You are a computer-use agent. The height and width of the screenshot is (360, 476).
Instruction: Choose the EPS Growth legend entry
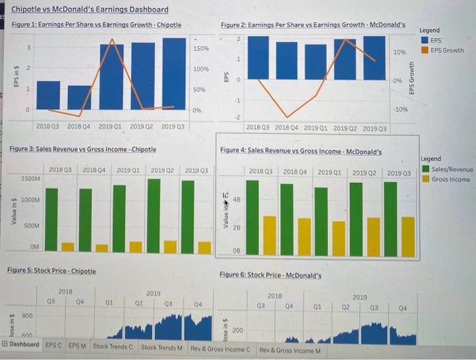coord(446,50)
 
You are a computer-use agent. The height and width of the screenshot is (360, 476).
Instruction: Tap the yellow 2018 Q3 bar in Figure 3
coord(67,246)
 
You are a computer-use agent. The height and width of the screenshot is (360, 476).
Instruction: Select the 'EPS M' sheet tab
coord(77,346)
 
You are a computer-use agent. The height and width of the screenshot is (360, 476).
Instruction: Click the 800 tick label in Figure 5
coord(28,316)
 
